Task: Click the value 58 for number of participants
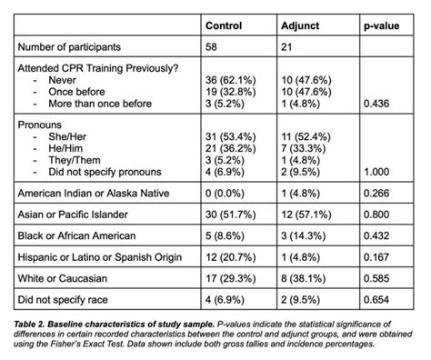tap(212, 45)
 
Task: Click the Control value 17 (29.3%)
tap(232, 280)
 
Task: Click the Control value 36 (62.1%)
tap(232, 80)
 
